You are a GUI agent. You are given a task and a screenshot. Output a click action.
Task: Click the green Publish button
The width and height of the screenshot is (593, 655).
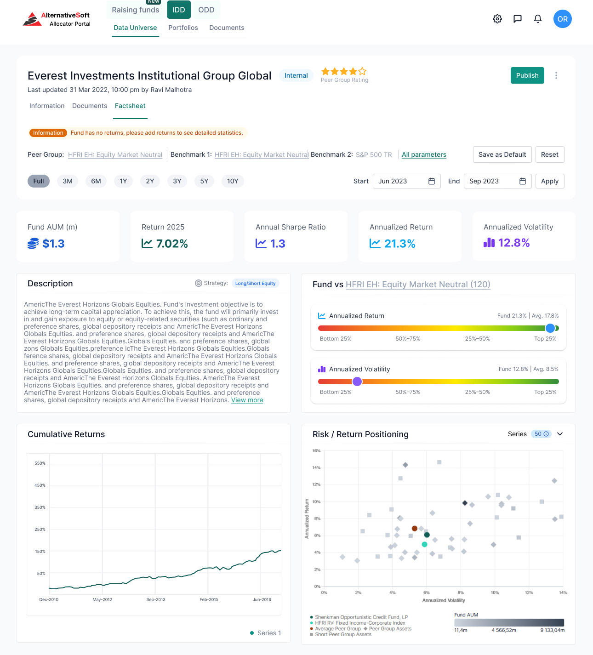click(x=527, y=75)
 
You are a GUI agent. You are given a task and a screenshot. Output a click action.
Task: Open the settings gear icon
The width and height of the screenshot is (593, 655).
click(x=497, y=19)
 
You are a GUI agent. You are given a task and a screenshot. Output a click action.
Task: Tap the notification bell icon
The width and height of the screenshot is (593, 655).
click(x=537, y=19)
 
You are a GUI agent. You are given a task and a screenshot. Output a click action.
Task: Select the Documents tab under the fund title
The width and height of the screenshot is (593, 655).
click(x=90, y=106)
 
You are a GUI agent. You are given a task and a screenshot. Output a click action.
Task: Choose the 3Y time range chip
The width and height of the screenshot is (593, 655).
click(x=177, y=181)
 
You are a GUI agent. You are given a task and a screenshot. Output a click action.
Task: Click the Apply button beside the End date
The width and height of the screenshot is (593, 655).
click(x=549, y=181)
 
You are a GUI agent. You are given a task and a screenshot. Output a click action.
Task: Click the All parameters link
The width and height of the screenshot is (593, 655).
click(x=424, y=154)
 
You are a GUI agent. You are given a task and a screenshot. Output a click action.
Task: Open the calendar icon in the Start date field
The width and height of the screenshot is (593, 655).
click(x=431, y=181)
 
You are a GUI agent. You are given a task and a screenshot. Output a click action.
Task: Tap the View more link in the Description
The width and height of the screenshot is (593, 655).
click(x=247, y=400)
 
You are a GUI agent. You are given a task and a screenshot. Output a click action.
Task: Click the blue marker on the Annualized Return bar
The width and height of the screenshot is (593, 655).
click(x=550, y=328)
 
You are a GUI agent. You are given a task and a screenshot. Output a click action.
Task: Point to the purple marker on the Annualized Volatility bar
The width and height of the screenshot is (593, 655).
click(x=357, y=382)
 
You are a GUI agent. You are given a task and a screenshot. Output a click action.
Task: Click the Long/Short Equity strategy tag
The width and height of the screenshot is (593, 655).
click(x=255, y=283)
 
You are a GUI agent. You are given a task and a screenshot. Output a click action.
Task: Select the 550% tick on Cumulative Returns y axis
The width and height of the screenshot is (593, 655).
click(x=40, y=463)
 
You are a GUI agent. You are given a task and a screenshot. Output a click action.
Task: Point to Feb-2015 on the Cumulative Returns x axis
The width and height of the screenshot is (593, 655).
click(x=209, y=599)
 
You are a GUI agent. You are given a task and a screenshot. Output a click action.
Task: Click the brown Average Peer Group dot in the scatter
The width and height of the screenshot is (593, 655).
click(x=415, y=529)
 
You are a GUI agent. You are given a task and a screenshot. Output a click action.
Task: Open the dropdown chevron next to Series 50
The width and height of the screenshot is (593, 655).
click(x=560, y=434)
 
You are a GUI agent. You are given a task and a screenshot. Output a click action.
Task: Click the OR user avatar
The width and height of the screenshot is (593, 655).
click(x=562, y=19)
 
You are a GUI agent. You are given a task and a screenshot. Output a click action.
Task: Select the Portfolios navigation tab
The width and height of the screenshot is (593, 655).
click(x=183, y=28)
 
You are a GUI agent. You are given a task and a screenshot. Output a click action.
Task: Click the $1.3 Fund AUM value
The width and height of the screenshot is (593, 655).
click(x=53, y=244)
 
